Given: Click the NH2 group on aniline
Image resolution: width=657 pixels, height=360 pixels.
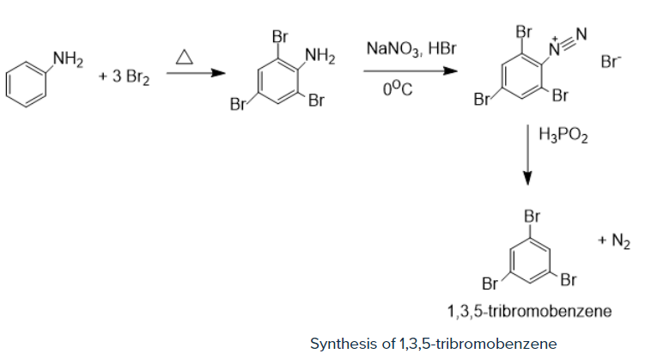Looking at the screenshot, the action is [x=68, y=59].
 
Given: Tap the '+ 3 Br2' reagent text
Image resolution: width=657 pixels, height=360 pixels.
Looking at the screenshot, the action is [x=124, y=77].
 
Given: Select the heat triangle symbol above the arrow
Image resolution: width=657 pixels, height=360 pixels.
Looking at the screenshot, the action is [x=185, y=57].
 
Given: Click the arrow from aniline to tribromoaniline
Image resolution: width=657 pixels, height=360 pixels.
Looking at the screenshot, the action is [x=196, y=73].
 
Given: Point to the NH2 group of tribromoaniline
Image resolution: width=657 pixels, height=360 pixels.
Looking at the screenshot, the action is [x=320, y=56].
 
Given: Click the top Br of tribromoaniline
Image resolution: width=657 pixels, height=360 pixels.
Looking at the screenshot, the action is [x=280, y=36].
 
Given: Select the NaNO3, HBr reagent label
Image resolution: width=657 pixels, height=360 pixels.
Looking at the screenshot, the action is [x=411, y=49].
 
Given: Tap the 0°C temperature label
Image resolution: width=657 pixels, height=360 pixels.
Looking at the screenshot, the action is [x=398, y=88].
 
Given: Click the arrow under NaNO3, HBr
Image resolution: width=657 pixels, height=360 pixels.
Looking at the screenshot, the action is [x=411, y=70].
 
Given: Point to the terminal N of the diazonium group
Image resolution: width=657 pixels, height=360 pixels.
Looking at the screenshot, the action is [x=581, y=34].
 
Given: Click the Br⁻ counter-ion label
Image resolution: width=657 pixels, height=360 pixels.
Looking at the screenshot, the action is [x=611, y=62].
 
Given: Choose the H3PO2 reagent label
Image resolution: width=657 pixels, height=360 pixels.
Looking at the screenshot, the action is [x=563, y=135].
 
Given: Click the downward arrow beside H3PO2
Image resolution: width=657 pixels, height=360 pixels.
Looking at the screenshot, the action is [x=528, y=155].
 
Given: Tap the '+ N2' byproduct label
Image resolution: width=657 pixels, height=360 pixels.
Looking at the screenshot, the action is [x=614, y=241].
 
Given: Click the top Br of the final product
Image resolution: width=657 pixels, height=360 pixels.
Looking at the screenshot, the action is [x=532, y=217].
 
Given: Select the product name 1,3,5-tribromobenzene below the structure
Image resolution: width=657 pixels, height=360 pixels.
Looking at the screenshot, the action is [x=529, y=311].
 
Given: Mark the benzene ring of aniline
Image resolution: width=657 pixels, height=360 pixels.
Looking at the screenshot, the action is [x=26, y=84].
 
